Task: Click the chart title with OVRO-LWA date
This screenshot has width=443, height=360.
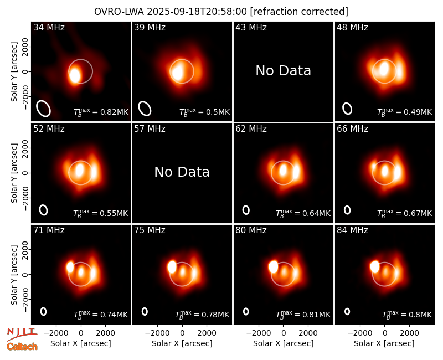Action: point(221,12)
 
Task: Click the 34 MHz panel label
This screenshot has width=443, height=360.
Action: point(49,27)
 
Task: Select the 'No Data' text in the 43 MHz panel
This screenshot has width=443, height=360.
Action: point(283,71)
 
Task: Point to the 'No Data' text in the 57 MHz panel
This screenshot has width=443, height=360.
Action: point(182,172)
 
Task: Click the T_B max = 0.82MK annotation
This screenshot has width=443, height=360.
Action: point(101,112)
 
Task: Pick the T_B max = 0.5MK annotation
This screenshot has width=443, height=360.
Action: point(204,112)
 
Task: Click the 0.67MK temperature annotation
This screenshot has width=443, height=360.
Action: point(404,213)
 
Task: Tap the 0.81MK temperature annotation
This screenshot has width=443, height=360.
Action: point(303,315)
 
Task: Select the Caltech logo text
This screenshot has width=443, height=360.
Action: point(22,347)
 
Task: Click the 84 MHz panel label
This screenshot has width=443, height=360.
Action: point(352,230)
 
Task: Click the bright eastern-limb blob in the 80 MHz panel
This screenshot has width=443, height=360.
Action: point(273,267)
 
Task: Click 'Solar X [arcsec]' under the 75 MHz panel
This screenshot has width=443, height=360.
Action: point(182,343)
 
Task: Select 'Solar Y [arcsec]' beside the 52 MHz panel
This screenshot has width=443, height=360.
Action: point(14,173)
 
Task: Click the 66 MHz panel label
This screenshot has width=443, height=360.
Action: point(352,129)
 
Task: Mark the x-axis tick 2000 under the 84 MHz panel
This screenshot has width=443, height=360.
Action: point(409,333)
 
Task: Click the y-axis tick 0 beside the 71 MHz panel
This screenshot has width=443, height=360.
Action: point(25,274)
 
